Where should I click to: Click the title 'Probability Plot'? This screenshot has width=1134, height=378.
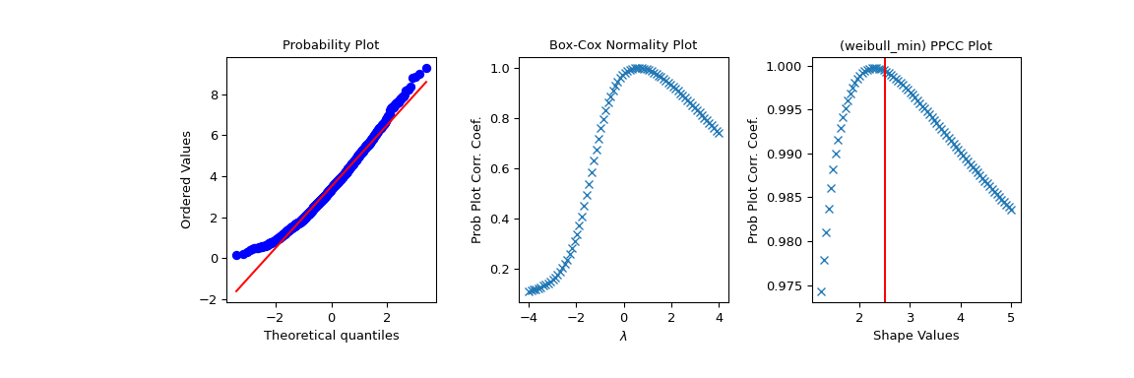pyautogui.click(x=331, y=45)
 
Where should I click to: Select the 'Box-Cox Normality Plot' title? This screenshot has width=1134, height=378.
pyautogui.click(x=622, y=45)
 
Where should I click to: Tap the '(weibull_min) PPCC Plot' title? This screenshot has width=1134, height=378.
pyautogui.click(x=915, y=45)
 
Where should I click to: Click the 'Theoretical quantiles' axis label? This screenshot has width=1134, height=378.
pyautogui.click(x=331, y=336)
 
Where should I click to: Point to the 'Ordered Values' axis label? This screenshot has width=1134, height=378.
pyautogui.click(x=186, y=179)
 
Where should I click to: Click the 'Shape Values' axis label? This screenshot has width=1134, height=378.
pyautogui.click(x=915, y=336)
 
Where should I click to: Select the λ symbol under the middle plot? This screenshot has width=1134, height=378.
pyautogui.click(x=622, y=337)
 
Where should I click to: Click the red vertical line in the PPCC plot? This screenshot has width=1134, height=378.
pyautogui.click(x=885, y=197)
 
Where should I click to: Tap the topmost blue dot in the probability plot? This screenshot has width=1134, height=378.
pyautogui.click(x=426, y=69)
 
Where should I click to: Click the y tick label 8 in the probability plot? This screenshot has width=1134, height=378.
pyautogui.click(x=215, y=94)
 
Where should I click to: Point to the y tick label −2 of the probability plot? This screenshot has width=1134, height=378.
pyautogui.click(x=210, y=299)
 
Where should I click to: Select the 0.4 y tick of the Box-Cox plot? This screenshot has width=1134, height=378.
pyautogui.click(x=500, y=219)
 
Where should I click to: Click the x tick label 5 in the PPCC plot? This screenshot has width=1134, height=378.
pyautogui.click(x=1011, y=318)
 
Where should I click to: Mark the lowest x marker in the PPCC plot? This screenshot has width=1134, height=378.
pyautogui.click(x=821, y=291)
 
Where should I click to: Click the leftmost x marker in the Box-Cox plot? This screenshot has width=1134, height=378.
pyautogui.click(x=530, y=291)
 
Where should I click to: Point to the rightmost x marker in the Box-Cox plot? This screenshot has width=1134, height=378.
pyautogui.click(x=719, y=132)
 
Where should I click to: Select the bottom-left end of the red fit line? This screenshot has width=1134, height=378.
pyautogui.click(x=236, y=291)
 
